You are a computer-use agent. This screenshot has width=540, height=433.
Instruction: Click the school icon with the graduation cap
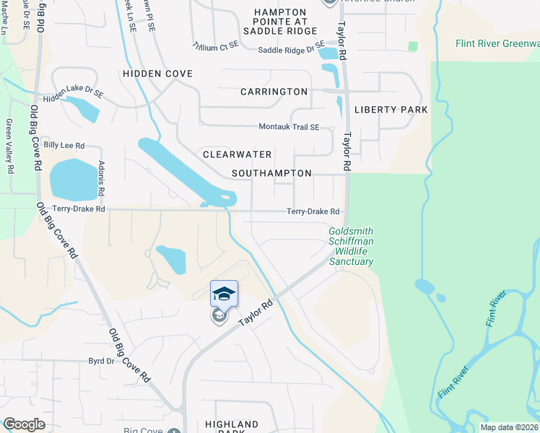click(x=224, y=294)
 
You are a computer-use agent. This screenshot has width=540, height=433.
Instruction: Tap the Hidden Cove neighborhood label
click(x=157, y=74)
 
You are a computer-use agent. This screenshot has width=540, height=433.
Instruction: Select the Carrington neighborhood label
click(x=274, y=92)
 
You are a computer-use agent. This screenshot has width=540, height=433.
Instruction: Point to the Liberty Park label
click(x=391, y=110)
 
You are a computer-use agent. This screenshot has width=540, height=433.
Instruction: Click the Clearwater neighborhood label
click(x=237, y=154)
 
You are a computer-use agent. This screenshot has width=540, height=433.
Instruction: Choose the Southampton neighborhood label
click(x=271, y=173)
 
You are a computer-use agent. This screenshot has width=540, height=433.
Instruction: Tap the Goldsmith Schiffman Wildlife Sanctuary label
click(x=351, y=246)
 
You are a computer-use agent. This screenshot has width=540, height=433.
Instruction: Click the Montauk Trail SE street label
click(x=289, y=127)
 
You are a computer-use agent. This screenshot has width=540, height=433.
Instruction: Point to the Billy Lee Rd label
click(x=64, y=145)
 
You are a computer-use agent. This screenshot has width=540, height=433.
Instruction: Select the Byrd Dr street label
click(x=101, y=360)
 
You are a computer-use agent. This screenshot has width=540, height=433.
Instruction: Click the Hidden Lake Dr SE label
click(x=74, y=93)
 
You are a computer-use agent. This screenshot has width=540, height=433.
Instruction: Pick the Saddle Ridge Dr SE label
click(x=292, y=49)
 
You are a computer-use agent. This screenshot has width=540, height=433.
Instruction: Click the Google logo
click(x=24, y=424)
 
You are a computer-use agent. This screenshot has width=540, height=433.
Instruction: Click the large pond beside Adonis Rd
click(x=72, y=178)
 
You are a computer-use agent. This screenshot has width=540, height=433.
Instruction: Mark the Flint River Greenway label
click(x=497, y=44)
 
